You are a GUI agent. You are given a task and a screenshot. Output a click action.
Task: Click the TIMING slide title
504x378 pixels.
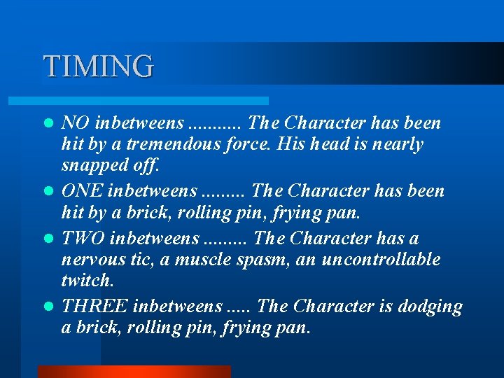(98, 66)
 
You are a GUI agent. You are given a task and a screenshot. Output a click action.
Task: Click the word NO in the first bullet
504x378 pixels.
(75, 123)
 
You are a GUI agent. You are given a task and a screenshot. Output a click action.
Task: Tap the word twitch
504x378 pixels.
(86, 281)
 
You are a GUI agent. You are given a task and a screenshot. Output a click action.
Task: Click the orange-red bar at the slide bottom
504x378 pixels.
(134, 372)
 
